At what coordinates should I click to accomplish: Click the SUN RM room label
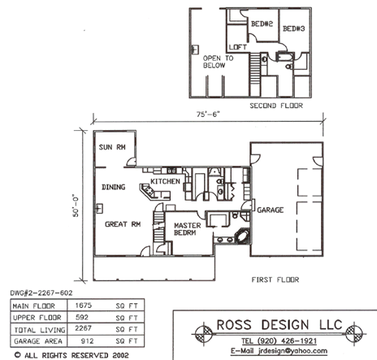(112, 147)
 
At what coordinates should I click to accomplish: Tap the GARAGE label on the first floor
(271, 210)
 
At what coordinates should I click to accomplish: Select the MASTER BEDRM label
(187, 229)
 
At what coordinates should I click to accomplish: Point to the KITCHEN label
(165, 181)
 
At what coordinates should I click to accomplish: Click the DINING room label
(113, 187)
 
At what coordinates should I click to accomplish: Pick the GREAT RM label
(123, 224)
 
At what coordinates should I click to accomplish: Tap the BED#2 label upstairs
(262, 24)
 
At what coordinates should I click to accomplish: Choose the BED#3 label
(294, 28)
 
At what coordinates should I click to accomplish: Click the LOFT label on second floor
(237, 47)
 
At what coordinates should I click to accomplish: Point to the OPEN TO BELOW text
(218, 62)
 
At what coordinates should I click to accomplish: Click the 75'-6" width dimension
(208, 115)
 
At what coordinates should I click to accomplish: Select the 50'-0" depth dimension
(76, 206)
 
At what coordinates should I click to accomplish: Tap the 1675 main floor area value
(84, 306)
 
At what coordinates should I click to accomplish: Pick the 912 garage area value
(87, 341)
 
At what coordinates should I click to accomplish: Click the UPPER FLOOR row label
(37, 318)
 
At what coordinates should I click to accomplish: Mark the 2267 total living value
(83, 328)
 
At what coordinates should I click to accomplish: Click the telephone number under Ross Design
(279, 340)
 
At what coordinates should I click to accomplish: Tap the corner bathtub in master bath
(242, 236)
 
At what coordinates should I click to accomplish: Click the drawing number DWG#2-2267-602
(41, 293)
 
